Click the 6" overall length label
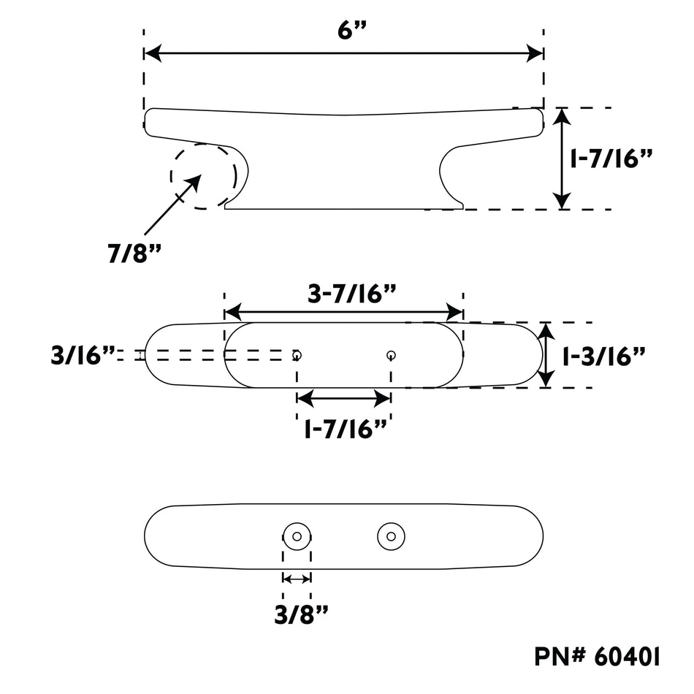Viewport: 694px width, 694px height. (352, 31)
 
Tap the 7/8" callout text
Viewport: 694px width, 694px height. (134, 253)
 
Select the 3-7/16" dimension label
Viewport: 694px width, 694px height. (352, 294)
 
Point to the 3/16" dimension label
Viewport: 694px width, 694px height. (83, 356)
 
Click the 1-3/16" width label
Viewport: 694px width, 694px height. (603, 356)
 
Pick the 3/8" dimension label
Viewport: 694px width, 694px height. (302, 614)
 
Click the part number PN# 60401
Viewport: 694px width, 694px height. (597, 657)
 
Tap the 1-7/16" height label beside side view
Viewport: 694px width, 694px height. (611, 159)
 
